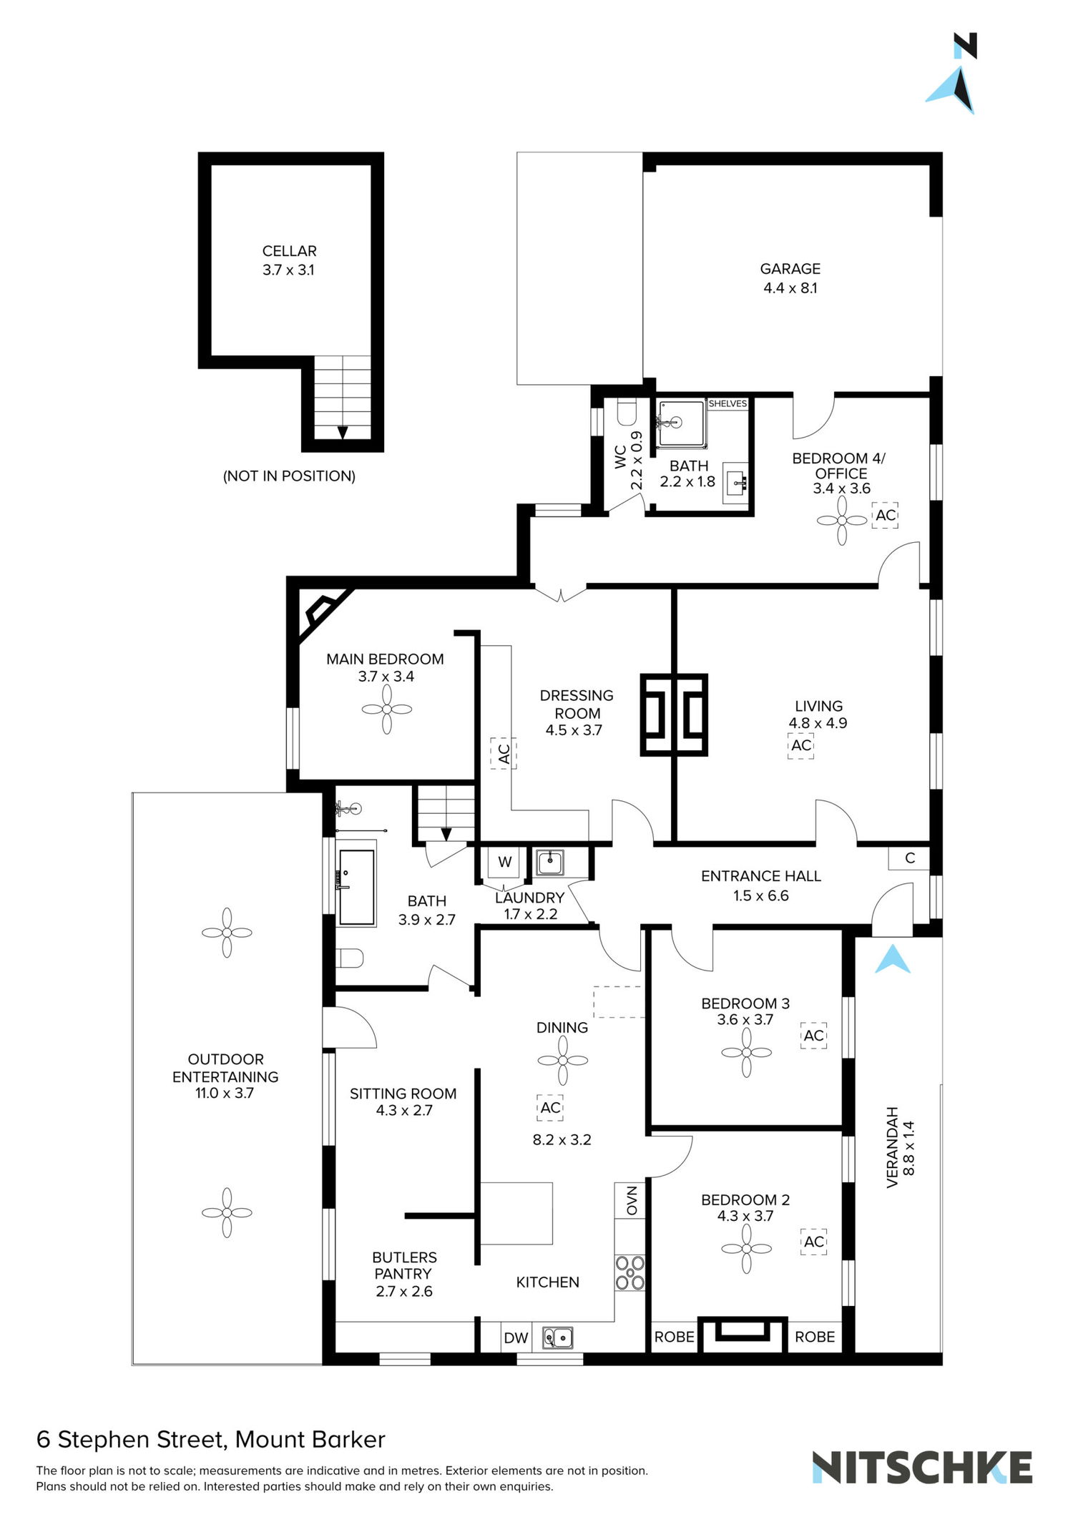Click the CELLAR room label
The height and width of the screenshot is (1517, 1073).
(x=289, y=251)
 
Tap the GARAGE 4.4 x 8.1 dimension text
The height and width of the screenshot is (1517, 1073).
(x=790, y=288)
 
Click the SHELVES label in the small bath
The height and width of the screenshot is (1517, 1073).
(x=727, y=404)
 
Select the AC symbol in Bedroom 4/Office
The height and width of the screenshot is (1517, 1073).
(x=886, y=515)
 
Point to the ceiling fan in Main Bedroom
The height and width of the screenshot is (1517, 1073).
(x=387, y=710)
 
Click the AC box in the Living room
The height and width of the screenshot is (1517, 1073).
(x=801, y=745)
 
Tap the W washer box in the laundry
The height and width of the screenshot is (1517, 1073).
(x=505, y=862)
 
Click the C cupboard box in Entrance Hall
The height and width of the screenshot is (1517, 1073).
(x=909, y=858)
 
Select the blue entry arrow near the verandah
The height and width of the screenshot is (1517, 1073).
(x=893, y=960)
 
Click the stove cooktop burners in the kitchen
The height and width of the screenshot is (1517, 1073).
(x=630, y=1273)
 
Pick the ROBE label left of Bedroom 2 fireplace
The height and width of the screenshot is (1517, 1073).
(x=674, y=1337)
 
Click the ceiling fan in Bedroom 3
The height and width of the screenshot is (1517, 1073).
(x=746, y=1053)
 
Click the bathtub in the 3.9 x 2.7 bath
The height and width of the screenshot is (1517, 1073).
(x=356, y=887)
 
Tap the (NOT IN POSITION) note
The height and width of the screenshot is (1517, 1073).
(x=289, y=476)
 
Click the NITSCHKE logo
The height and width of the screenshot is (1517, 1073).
(x=921, y=1468)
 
